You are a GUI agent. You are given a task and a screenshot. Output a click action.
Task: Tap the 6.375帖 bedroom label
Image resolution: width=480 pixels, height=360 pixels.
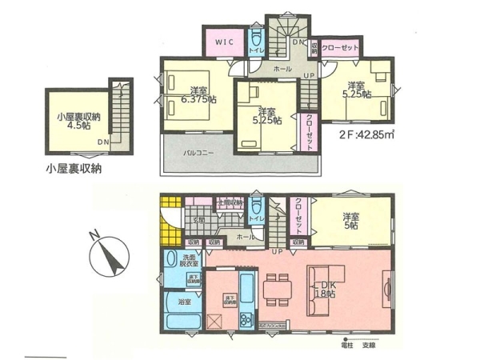point(197,94)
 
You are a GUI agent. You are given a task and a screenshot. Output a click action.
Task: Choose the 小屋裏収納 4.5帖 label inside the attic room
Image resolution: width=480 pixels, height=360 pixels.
point(77,120)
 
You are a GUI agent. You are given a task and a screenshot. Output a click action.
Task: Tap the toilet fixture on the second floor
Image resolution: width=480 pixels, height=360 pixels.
point(254,39)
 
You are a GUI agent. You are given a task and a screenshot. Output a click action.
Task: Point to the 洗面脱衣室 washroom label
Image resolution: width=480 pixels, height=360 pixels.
point(190,262)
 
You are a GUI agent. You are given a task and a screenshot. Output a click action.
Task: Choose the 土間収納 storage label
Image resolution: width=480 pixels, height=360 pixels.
point(228,203)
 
